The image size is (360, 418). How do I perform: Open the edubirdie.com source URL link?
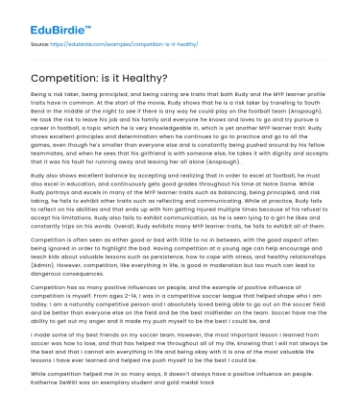pyautogui.click(x=114, y=45)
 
